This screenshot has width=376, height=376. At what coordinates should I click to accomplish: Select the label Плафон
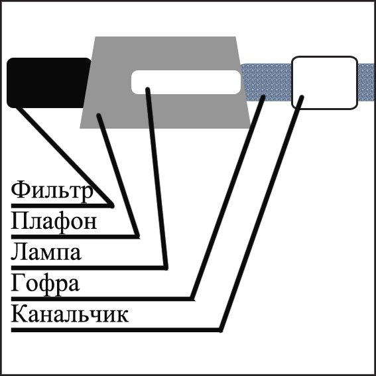(54, 221)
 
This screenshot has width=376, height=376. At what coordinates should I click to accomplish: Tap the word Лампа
(46, 252)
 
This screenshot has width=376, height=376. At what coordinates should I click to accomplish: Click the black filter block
(48, 83)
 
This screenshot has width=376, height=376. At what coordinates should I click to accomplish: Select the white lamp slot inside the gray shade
(186, 82)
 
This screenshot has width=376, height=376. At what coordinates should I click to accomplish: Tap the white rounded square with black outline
(324, 83)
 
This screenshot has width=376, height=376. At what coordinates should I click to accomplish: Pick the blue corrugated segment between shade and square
(267, 82)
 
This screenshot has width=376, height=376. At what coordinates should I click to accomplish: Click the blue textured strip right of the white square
(367, 82)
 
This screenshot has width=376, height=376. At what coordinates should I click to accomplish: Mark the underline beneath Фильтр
(62, 206)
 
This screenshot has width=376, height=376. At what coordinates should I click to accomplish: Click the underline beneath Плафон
(75, 237)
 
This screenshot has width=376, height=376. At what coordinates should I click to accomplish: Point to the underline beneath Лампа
(90, 268)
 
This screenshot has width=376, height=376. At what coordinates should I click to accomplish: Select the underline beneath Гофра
(102, 299)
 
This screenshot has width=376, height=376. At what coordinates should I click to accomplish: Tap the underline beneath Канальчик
(117, 330)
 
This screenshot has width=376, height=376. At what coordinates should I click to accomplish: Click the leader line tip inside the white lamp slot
(148, 90)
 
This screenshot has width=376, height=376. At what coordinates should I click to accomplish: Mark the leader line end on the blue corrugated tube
(263, 97)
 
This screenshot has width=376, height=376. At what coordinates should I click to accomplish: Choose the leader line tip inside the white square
(302, 97)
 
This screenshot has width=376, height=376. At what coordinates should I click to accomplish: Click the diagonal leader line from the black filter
(64, 157)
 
